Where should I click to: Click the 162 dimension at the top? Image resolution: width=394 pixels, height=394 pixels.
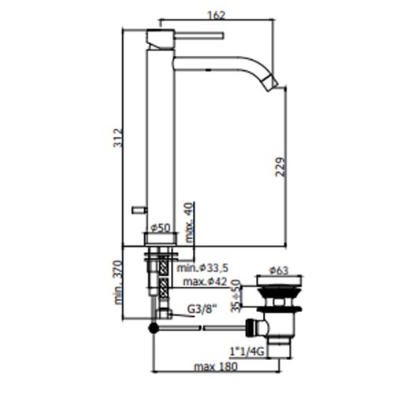click(x=217, y=16)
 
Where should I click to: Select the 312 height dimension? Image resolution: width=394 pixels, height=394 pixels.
click(x=118, y=138)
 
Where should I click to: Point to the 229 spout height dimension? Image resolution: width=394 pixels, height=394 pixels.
click(x=280, y=167)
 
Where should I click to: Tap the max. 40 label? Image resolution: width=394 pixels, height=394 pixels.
click(x=190, y=222)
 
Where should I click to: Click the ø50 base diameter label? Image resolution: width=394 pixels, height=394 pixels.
click(x=161, y=228)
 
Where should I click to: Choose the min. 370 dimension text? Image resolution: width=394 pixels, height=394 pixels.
click(x=118, y=282)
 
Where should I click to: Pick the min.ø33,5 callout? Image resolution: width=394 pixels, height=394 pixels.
click(x=203, y=268)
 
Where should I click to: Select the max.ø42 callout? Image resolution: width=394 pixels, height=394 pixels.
click(x=205, y=281)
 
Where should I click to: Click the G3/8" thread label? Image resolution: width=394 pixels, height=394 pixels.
click(x=202, y=310)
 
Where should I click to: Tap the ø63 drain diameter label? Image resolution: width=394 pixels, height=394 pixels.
click(x=278, y=270)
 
